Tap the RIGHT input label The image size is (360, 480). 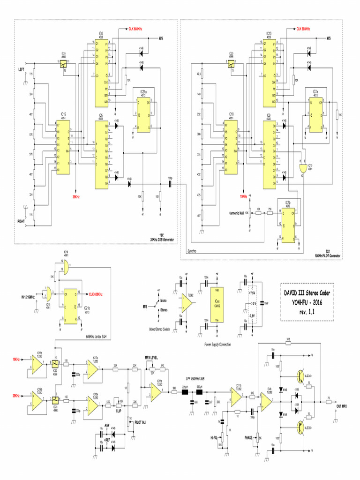[x=22, y=220]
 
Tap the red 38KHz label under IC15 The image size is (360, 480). [x=76, y=197]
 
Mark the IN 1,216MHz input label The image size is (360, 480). [x=31, y=296]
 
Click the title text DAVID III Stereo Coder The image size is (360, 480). [x=307, y=293]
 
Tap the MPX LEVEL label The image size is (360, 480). [x=151, y=357]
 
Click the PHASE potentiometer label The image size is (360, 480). [x=248, y=437]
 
